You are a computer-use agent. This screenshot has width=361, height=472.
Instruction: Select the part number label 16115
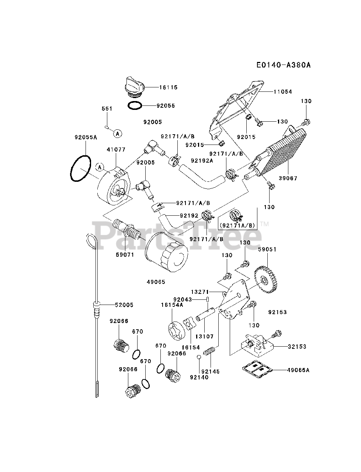click(x=169, y=87)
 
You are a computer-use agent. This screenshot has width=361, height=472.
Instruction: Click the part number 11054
click(x=283, y=91)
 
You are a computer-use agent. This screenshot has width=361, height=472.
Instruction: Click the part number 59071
click(x=125, y=254)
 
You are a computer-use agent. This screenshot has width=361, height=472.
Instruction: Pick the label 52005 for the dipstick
click(x=124, y=305)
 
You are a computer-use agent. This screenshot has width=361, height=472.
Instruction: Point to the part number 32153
click(x=298, y=347)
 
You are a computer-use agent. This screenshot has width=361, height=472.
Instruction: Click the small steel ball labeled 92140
click(x=199, y=357)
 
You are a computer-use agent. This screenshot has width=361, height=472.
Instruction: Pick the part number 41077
click(x=116, y=150)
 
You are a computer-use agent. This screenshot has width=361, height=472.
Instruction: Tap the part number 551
click(x=107, y=109)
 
